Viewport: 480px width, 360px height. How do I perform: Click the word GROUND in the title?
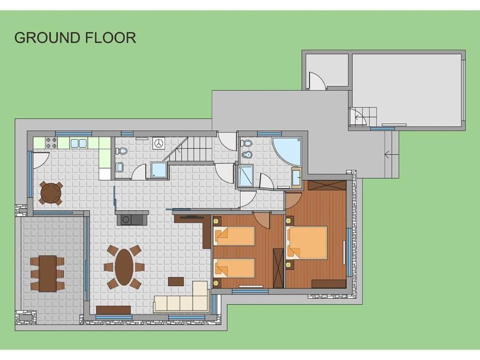click(47, 37)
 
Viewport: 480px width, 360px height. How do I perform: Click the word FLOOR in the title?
click(110, 37)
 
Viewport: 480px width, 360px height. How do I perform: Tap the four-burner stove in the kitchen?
click(52, 142)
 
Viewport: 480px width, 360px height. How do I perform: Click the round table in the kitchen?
click(51, 193)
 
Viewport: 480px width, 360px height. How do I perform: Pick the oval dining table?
click(124, 267)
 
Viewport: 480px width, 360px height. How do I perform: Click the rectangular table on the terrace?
click(47, 273)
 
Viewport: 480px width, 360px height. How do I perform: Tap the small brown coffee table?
click(176, 281)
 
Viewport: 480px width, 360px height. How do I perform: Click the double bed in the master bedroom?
click(307, 242)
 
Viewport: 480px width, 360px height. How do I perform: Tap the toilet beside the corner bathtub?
click(247, 143)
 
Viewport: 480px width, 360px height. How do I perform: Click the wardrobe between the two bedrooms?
click(278, 268)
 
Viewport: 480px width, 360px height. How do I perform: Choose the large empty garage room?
click(406, 90)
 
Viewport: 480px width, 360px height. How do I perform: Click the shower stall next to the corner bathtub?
click(246, 175)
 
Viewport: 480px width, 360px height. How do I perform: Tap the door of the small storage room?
click(316, 80)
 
